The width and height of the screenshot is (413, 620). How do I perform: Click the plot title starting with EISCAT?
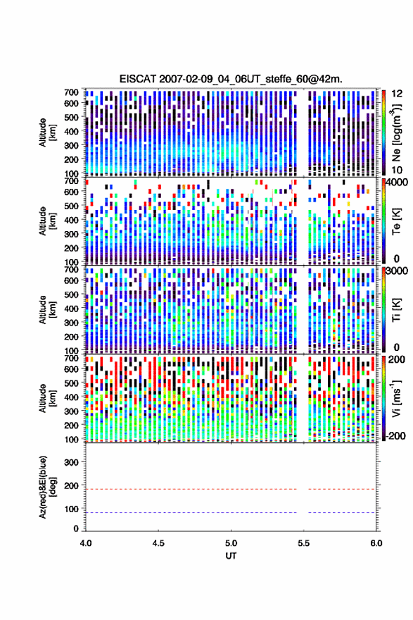tap(231, 79)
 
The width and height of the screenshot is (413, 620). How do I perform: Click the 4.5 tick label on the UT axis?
tap(158, 543)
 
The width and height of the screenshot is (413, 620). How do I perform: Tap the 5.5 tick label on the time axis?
tap(304, 543)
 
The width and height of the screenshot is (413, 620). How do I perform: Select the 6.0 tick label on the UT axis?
tap(376, 543)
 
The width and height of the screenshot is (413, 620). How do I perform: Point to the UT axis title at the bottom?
tap(231, 556)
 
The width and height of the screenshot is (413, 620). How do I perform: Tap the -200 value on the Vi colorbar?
tap(394, 435)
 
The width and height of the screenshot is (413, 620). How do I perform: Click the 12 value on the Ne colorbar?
tap(397, 94)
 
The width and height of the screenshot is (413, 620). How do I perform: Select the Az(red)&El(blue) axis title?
tap(47, 487)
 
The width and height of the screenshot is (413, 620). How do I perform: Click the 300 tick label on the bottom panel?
tap(72, 462)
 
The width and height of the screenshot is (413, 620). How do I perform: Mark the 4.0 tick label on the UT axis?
tap(86, 543)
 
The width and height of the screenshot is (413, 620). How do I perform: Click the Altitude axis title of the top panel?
tap(47, 132)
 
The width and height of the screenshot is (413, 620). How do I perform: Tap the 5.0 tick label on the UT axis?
tap(231, 543)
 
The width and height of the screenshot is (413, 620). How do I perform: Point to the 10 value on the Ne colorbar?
tap(397, 170)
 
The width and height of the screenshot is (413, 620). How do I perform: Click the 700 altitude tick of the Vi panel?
tap(72, 358)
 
